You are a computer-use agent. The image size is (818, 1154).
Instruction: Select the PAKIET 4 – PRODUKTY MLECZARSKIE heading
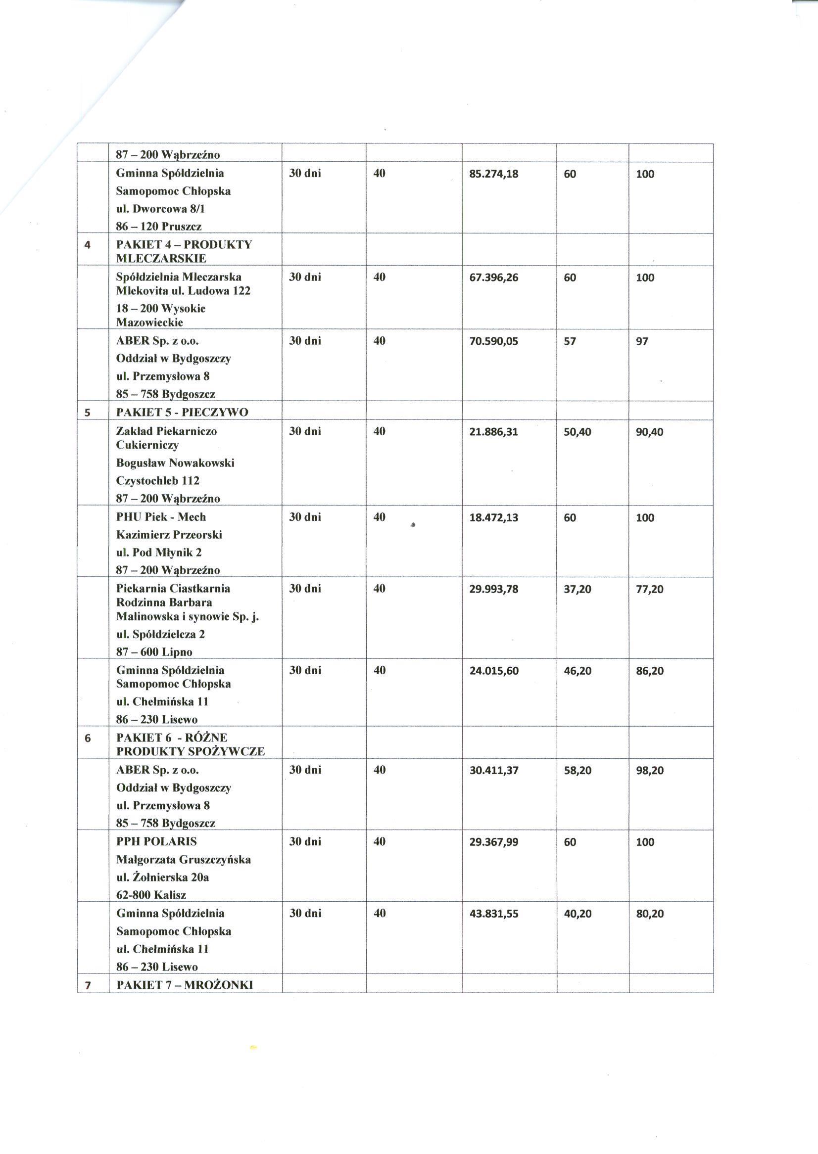pos(184,252)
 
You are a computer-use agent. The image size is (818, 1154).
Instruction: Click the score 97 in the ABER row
pos(642,341)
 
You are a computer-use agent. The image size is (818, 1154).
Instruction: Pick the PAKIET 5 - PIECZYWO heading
pos(182,413)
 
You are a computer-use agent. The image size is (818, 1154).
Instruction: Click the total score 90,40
pos(649,432)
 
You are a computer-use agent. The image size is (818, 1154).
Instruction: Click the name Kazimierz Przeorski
pos(169,535)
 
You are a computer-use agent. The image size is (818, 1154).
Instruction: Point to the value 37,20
pos(577,589)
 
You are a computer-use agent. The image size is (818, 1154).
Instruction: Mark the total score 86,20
pos(649,671)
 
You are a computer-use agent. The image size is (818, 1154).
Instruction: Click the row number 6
pos(88,739)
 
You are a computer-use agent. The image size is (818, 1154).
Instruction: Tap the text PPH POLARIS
pos(157,841)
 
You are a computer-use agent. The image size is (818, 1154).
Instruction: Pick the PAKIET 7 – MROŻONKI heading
pos(185,985)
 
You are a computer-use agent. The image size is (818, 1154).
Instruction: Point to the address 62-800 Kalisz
pos(151,895)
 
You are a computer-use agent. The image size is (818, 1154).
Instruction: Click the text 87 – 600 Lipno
pos(154,652)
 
